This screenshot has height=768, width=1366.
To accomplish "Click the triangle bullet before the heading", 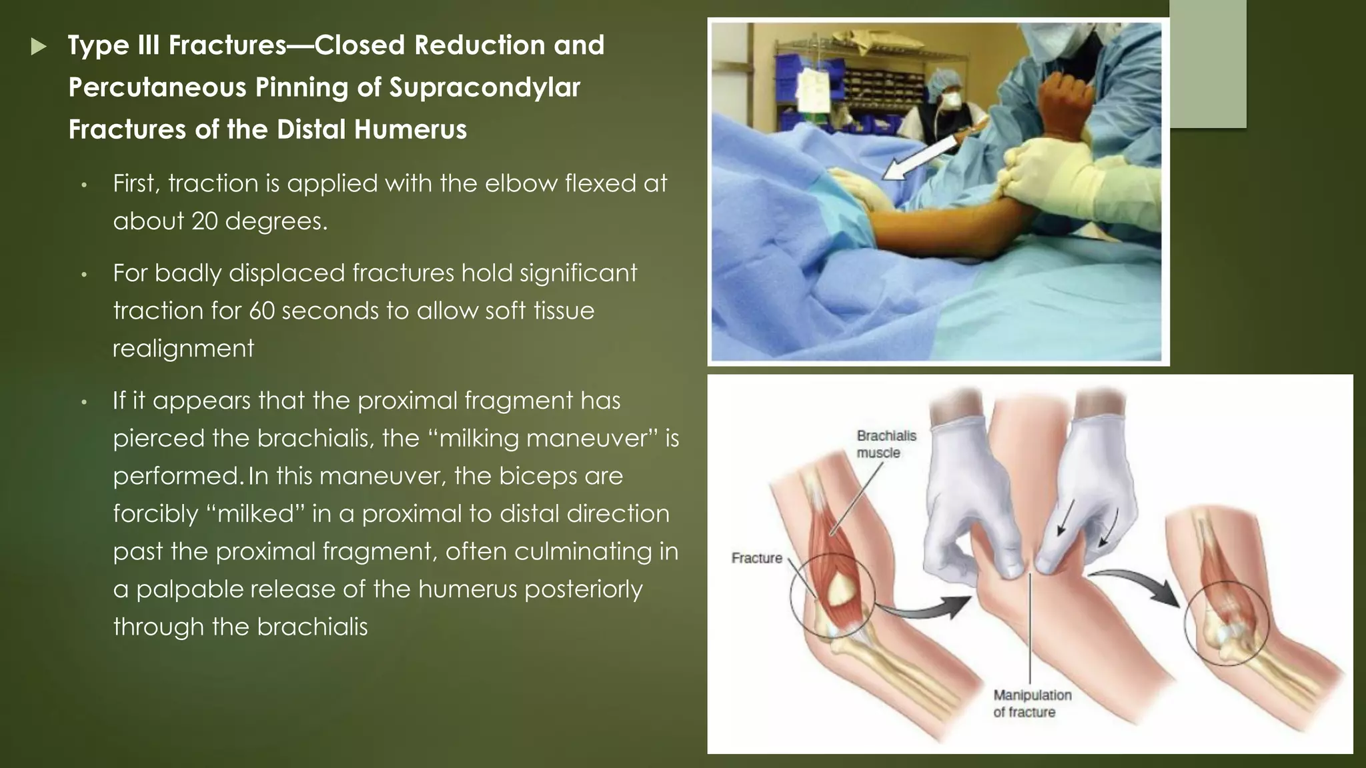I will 39,47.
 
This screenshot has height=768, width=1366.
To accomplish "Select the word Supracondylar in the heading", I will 485,87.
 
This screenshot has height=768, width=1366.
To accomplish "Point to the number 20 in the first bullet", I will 205,221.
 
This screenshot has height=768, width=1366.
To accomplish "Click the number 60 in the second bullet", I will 261,311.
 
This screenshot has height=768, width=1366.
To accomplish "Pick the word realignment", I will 183,348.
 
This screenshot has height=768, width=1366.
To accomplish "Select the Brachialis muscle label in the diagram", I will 886,444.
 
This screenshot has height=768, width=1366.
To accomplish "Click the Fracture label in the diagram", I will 756,558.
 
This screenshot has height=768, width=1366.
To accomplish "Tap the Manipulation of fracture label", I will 1032,703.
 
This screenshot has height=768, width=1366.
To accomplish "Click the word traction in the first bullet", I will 213,183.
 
